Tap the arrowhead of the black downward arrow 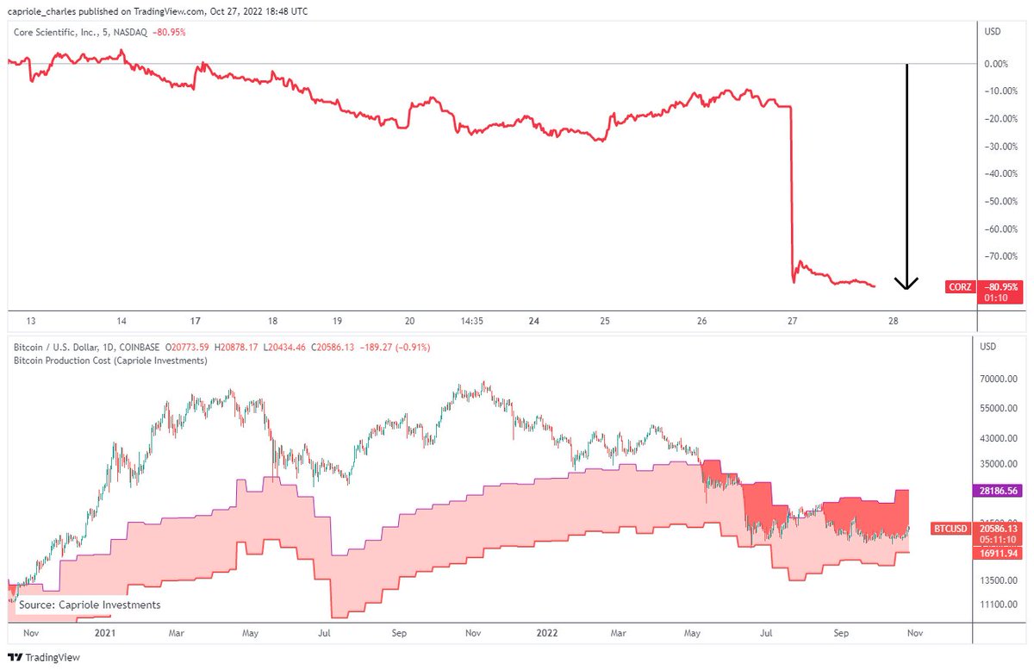click(x=906, y=284)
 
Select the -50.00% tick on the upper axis click(x=996, y=201)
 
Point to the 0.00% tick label click(x=996, y=64)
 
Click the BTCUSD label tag click(x=952, y=528)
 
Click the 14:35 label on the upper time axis click(x=472, y=321)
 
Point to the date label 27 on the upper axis click(x=793, y=321)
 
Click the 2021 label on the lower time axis click(x=105, y=633)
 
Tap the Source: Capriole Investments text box click(x=90, y=605)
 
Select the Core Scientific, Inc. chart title click(x=63, y=32)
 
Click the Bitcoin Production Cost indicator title click(x=110, y=361)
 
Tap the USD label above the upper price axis click(x=994, y=31)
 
